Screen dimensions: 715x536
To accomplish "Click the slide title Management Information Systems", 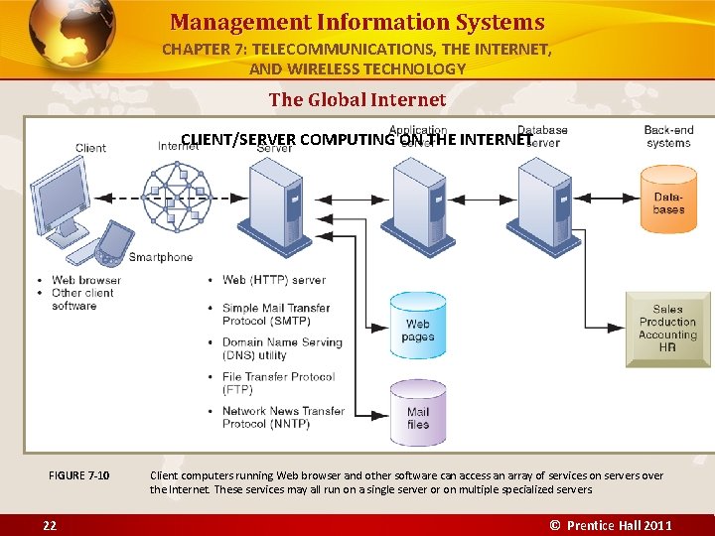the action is coord(357,22).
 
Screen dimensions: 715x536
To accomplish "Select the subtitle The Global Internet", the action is coord(357,99).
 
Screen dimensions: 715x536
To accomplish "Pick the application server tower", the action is coord(420,204).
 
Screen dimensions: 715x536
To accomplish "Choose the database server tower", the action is coord(543,204).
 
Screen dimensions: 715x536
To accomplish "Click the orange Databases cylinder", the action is coord(668,199).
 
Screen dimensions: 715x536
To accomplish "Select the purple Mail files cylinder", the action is coord(418,413).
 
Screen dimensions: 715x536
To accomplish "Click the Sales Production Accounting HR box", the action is coord(667,329).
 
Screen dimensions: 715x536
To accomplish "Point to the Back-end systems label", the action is coord(668,136).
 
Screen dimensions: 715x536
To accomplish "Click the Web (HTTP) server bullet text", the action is coord(274,280).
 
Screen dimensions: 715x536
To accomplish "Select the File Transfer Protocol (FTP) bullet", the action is coord(278,383).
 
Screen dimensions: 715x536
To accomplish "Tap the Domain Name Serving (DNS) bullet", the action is coord(282,348).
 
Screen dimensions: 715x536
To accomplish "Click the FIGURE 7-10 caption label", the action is coord(79,475).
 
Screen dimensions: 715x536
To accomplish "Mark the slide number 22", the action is coord(50,525).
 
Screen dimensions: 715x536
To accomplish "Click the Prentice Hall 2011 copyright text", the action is coord(612,525).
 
